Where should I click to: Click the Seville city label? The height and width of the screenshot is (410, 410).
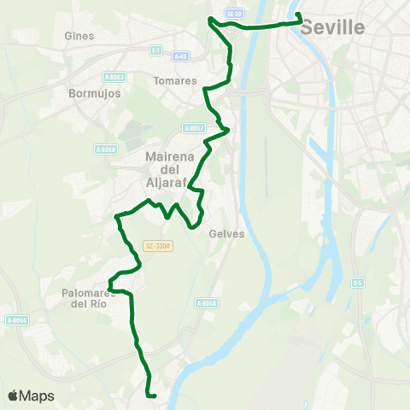(x=333, y=28)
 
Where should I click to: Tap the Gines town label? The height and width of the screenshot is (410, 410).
(x=79, y=36)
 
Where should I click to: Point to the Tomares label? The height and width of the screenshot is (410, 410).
(x=169, y=80)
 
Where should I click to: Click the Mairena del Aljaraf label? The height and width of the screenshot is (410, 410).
(x=172, y=169)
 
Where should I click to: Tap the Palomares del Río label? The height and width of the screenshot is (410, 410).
(x=89, y=297)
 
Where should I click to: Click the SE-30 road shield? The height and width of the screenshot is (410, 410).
(x=234, y=14)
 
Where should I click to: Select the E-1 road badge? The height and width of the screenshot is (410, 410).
(x=155, y=50)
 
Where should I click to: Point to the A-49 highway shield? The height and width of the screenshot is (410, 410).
(x=180, y=56)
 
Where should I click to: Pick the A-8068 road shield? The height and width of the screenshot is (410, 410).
(x=106, y=149)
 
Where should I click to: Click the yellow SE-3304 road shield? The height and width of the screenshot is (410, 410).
(x=159, y=246)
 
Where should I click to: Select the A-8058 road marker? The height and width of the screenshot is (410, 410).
(x=207, y=303)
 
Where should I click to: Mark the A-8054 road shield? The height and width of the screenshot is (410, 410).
(x=17, y=320)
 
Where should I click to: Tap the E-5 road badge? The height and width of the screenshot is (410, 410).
(x=359, y=282)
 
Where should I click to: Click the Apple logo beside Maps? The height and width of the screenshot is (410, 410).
(x=14, y=395)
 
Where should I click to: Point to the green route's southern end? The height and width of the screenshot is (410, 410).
(x=151, y=395)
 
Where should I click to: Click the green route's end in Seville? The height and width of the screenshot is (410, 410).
(x=298, y=15)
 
